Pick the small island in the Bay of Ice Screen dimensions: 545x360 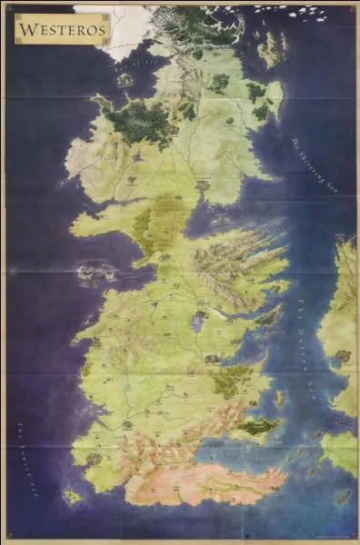click(x=125, y=79)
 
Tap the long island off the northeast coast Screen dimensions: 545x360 click(x=270, y=50)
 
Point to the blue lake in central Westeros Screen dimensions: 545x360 click(x=197, y=320)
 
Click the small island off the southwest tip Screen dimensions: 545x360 click(x=72, y=495)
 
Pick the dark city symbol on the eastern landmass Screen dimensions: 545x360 click(x=342, y=356)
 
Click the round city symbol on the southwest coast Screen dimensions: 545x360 click(x=94, y=460)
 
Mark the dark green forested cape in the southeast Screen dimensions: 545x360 click(x=257, y=425)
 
